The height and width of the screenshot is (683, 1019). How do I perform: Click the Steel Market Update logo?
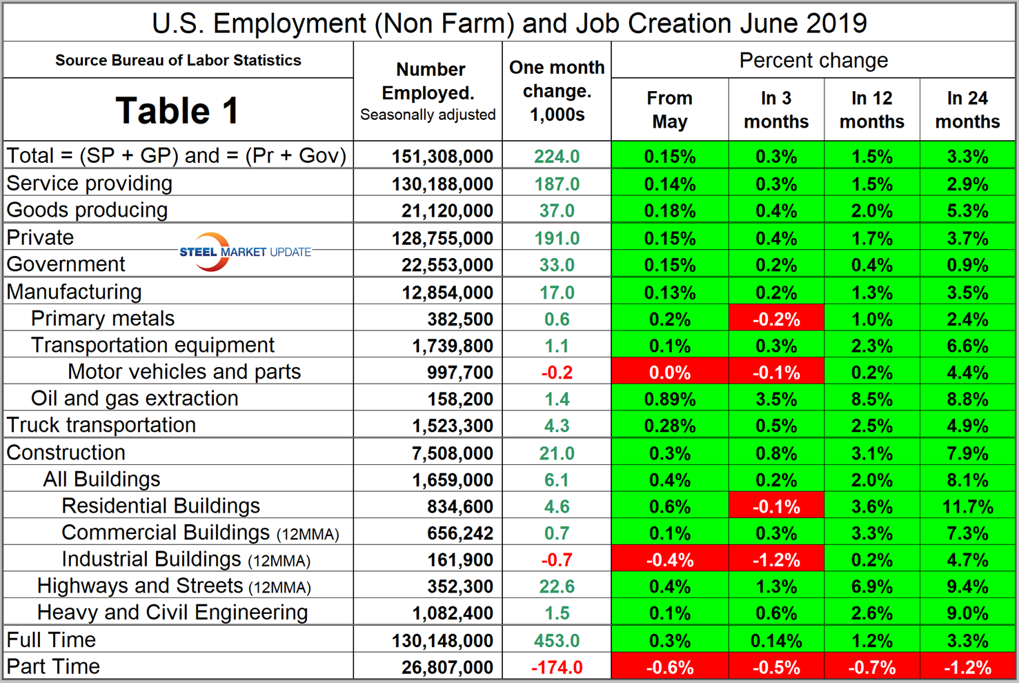[245, 252]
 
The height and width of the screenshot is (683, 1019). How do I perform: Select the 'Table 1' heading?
[177, 110]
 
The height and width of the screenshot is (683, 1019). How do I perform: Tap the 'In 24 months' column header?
[967, 110]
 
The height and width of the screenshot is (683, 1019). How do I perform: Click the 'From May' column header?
[669, 110]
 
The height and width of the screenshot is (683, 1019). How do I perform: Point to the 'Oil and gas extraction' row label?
[135, 399]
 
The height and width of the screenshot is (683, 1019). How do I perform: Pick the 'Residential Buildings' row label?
[161, 506]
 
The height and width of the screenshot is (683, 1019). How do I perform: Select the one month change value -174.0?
[557, 667]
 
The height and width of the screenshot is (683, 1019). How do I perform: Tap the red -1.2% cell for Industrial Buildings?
[776, 560]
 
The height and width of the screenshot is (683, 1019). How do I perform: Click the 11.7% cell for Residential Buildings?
[967, 506]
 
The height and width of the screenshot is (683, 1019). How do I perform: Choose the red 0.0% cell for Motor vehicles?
[669, 373]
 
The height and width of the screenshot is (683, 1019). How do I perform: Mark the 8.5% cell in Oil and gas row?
[871, 399]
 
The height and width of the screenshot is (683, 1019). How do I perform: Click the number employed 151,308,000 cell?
[442, 157]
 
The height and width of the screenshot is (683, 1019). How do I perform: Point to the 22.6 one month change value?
[557, 586]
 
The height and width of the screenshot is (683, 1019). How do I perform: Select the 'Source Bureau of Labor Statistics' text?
[178, 61]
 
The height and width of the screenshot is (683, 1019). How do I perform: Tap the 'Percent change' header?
[813, 61]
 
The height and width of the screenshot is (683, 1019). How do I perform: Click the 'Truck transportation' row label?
[101, 425]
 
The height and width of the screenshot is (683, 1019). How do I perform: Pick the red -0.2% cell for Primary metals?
[776, 319]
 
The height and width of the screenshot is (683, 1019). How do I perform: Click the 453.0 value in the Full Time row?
[557, 640]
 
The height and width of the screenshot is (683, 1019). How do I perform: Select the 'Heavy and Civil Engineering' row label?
[172, 613]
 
